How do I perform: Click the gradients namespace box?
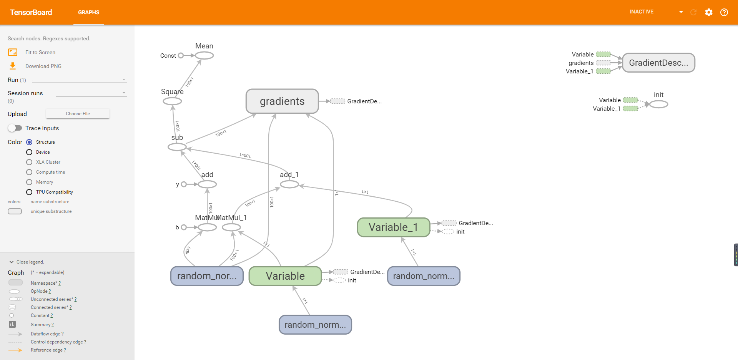click(x=282, y=101)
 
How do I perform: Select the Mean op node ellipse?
click(x=204, y=55)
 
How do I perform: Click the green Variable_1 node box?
click(x=393, y=227)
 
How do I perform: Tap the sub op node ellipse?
click(x=177, y=147)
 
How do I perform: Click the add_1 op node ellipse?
click(x=289, y=184)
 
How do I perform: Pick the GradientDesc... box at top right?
click(x=658, y=63)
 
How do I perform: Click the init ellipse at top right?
click(x=658, y=104)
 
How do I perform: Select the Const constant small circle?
click(x=181, y=55)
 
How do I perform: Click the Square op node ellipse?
click(x=172, y=101)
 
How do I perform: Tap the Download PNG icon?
click(x=13, y=66)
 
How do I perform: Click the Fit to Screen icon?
click(x=13, y=52)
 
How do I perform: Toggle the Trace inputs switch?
click(x=15, y=128)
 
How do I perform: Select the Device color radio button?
click(x=29, y=152)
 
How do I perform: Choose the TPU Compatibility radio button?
click(x=29, y=192)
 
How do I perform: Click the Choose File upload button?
click(x=78, y=114)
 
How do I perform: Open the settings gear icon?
click(x=708, y=12)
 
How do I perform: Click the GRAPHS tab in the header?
click(x=88, y=12)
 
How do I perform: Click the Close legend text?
click(x=30, y=262)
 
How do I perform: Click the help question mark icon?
click(x=724, y=12)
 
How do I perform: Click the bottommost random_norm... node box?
click(x=315, y=325)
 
